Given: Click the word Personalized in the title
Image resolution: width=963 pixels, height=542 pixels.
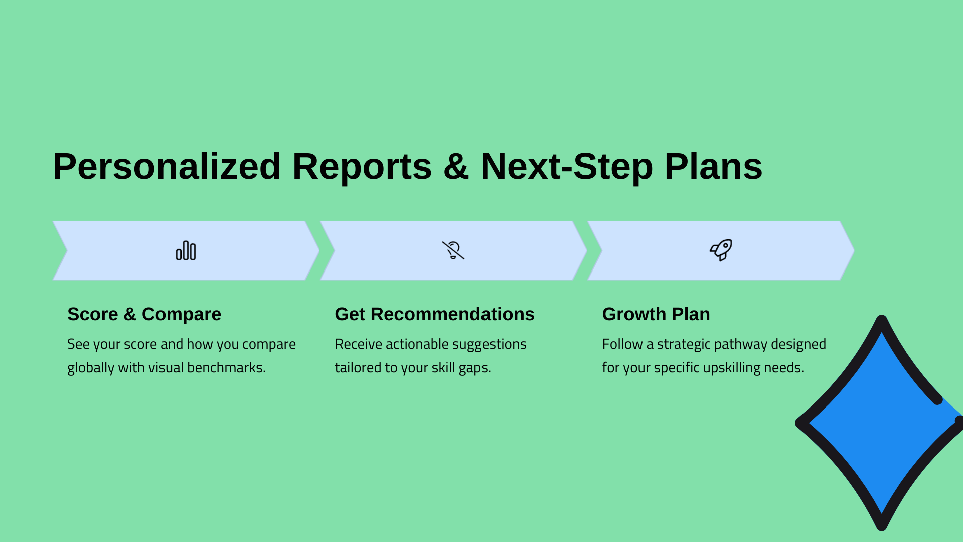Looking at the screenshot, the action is pos(167,166).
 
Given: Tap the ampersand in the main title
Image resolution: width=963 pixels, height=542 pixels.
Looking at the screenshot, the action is pos(456,166).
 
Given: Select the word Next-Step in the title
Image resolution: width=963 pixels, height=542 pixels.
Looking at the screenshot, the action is pos(566,166).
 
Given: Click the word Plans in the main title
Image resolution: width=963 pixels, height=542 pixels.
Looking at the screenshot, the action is pos(713,166).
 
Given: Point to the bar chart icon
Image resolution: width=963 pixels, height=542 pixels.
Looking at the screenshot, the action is pos(186,250).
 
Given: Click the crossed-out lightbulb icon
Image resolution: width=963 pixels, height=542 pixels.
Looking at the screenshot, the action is pos(453,250).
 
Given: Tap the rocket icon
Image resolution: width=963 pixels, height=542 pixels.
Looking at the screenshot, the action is pos(721,250).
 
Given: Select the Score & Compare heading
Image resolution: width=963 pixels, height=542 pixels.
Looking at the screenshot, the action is pos(144,314).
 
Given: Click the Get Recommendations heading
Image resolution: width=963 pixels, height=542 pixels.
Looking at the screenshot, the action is pos(434,314).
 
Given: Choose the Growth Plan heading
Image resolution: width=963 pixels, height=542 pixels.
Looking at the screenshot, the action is pos(656,314).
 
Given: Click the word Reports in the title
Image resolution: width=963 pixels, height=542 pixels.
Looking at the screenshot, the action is pos(362,166).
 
